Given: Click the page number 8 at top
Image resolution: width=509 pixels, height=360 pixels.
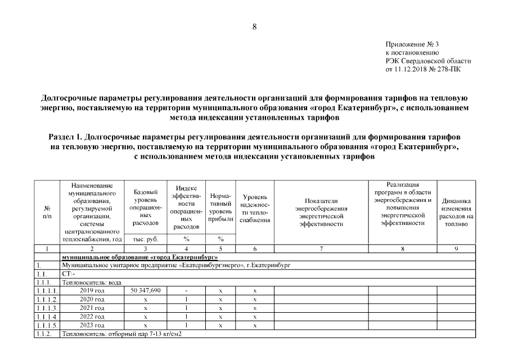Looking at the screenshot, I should tap(254, 26).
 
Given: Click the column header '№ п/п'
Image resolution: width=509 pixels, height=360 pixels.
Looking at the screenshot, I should tap(47, 211).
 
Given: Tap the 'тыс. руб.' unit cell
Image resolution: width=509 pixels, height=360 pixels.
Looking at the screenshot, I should tap(145, 239).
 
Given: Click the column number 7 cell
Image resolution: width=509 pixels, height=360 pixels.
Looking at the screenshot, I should tap(321, 248).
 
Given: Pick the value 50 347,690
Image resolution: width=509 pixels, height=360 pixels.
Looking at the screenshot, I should tap(145, 290).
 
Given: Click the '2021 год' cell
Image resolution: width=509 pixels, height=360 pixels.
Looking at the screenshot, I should tap(92, 308).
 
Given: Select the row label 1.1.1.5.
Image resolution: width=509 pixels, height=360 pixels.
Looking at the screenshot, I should tap(47, 325).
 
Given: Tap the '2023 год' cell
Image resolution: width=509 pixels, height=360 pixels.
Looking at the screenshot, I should tap(92, 325).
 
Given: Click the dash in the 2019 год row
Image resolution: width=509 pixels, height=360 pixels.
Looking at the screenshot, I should tap(186, 290).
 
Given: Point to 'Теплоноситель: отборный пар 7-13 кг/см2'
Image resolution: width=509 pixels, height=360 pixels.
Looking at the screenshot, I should tap(123, 334).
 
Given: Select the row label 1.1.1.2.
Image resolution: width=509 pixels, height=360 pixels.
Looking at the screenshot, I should tap(47, 299).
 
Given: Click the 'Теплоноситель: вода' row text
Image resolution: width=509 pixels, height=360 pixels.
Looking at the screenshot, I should tap(91, 282).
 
